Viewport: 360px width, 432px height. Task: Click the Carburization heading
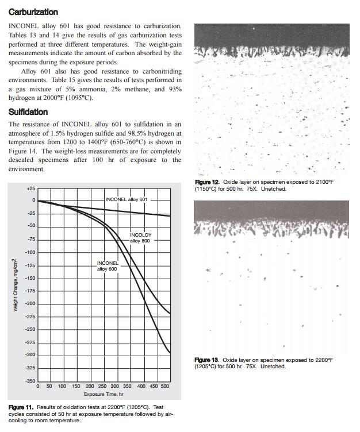[x=33, y=11]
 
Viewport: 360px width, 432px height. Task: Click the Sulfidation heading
[x=28, y=111]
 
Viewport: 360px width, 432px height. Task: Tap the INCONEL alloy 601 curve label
[x=127, y=199]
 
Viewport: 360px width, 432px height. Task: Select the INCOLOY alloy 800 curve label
[x=141, y=238]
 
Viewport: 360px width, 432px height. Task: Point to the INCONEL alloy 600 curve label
[x=108, y=266]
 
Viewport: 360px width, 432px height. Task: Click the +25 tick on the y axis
[x=30, y=188]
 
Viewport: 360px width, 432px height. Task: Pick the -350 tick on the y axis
[x=29, y=381]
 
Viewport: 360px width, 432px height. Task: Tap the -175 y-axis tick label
[x=29, y=291]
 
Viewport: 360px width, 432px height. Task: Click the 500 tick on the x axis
[x=165, y=387]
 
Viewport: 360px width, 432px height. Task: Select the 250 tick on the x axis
[x=102, y=387]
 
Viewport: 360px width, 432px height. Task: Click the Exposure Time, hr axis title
[x=103, y=394]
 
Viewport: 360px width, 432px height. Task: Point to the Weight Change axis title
[x=15, y=285]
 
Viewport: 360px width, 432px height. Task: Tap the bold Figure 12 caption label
[x=207, y=182]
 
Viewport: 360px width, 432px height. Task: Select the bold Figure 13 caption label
[x=207, y=360]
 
